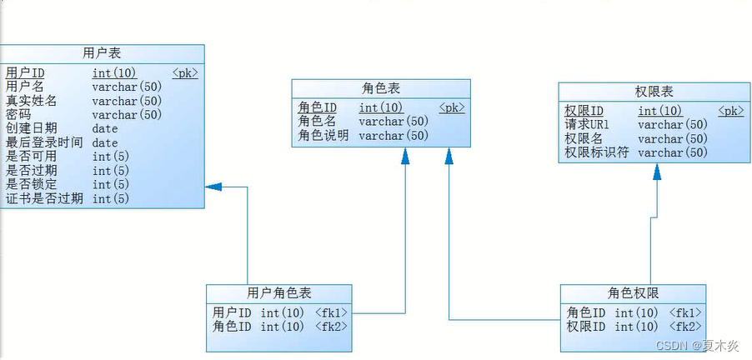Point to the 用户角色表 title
pos(279,293)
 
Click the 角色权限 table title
pos(634,293)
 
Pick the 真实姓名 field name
pos(31,101)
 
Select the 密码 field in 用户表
pos(18,114)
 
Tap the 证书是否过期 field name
pos(43,198)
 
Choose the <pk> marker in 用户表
pos(185,72)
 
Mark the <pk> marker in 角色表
pos(452,107)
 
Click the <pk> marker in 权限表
pos(731,111)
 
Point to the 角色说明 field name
pos(323,135)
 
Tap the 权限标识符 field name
pos(597,152)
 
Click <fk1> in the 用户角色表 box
pos(331,312)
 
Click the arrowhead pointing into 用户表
pos(212,187)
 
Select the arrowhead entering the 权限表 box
pos(657,172)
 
